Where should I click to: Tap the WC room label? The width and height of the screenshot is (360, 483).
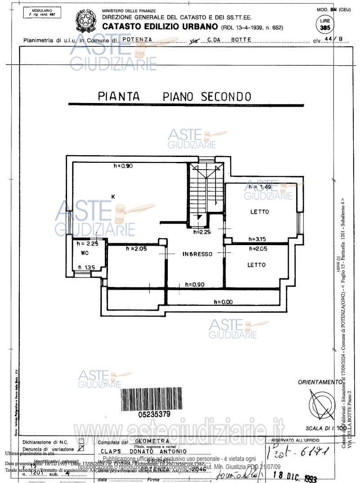85,253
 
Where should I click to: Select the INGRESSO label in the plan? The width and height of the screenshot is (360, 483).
197,254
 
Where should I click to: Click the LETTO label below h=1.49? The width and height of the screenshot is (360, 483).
260,211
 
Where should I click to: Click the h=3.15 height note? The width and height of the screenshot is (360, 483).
258,239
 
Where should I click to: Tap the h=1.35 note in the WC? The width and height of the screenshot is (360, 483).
86,268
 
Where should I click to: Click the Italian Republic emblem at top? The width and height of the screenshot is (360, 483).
83,21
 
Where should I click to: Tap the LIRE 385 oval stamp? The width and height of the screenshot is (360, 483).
324,25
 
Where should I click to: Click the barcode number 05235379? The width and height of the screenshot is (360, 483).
154,413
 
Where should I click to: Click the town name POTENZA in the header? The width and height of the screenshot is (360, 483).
137,40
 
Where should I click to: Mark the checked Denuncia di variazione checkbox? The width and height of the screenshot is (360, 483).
81,448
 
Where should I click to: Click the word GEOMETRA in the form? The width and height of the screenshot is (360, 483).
152,441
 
